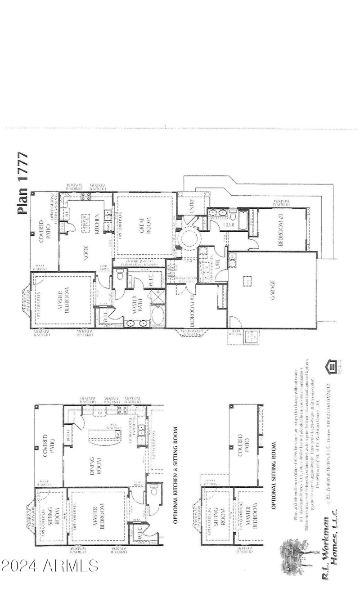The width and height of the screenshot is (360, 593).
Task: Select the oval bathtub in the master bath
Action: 158,316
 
